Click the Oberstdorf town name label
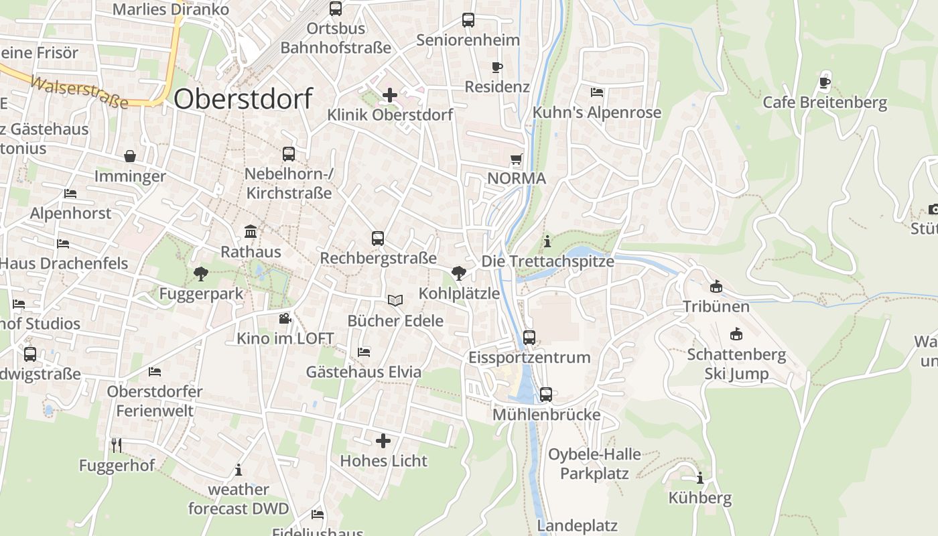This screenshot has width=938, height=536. coord(243,99)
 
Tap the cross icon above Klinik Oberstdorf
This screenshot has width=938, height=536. coord(389,95)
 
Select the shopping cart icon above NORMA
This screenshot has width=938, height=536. coord(516,159)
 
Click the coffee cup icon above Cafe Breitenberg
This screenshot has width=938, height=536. coord(824,83)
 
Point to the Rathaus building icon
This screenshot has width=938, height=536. coord(251,232)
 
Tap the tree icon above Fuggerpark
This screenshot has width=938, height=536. coord(200,273)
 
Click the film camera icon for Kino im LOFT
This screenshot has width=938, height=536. coord(285,318)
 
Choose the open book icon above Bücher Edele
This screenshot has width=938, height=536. coord(395,301)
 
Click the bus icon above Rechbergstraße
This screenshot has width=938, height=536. coord(378,238)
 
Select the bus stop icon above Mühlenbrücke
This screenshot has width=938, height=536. coord(546,395)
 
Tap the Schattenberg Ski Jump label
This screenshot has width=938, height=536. coord(736,364)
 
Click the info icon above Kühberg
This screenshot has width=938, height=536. coord(700,478)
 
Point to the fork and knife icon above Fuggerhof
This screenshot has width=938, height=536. coord(117,445)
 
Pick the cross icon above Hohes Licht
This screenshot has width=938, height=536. coord(383,441)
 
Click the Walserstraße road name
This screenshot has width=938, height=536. coord(79,92)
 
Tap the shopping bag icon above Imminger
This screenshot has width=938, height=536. coord(130,156)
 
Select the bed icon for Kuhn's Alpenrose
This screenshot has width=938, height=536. coord(597,92)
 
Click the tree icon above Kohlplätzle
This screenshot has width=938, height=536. coord(459,273)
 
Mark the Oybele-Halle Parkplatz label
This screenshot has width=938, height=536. coord(594,464)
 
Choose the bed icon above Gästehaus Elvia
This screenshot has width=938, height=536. coord(364,352)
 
